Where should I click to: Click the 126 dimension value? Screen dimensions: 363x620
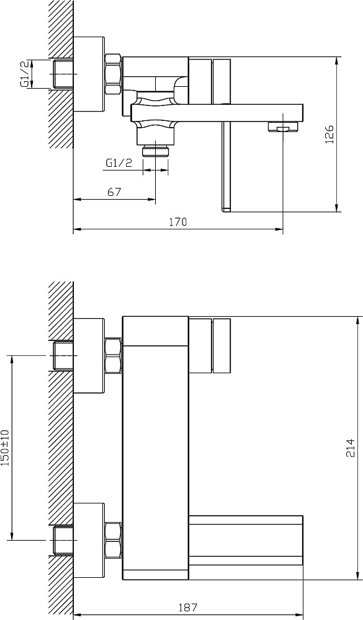tap(329, 134)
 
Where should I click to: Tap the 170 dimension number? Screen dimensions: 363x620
tap(178, 222)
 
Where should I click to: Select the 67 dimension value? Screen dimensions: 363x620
tap(114, 192)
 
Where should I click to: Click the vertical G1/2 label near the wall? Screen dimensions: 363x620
tap(25, 74)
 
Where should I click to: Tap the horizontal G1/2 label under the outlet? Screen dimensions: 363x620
tap(119, 163)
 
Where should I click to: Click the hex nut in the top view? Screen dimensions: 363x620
tap(113, 74)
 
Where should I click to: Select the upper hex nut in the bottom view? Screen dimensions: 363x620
tap(113, 355)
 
